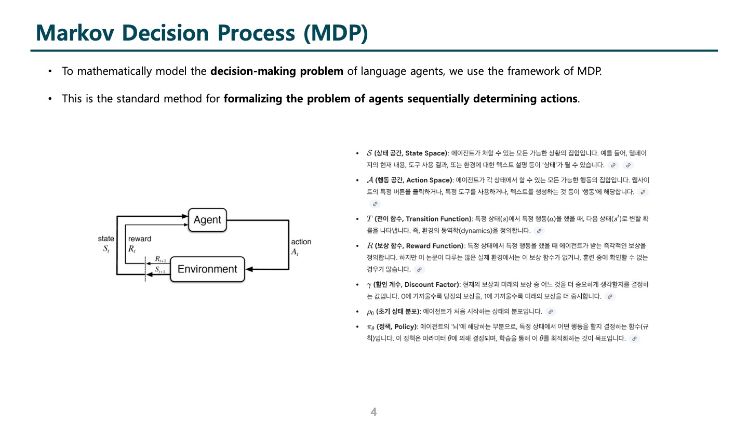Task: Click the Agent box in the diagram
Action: click(x=207, y=220)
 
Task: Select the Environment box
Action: click(x=207, y=269)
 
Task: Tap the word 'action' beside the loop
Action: click(x=301, y=242)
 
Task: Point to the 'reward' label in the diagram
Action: click(x=140, y=239)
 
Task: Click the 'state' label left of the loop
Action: click(x=106, y=239)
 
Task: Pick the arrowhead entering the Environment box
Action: click(x=249, y=269)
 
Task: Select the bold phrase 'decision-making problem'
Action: click(x=276, y=71)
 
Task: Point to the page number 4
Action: click(x=373, y=412)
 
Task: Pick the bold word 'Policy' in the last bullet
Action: click(x=405, y=326)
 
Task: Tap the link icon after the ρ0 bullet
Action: click(x=551, y=312)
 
